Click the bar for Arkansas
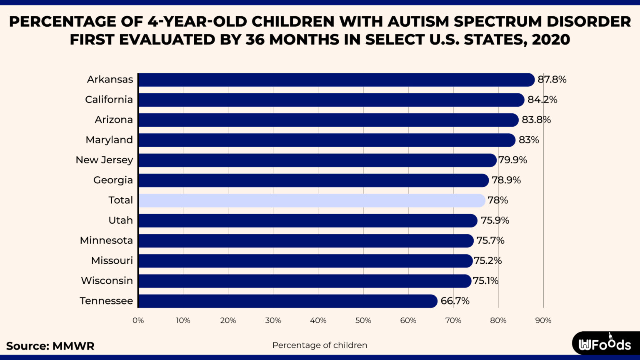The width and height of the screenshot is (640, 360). (336, 80)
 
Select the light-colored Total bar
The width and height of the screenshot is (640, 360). (312, 200)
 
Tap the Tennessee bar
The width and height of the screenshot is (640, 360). (287, 301)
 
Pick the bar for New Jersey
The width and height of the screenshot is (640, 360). (317, 160)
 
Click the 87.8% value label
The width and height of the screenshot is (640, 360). (552, 80)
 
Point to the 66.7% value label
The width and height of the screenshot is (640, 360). (455, 301)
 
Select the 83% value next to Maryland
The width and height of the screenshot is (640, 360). (528, 140)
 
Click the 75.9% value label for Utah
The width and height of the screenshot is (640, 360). (495, 220)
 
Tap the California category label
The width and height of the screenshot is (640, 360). (109, 100)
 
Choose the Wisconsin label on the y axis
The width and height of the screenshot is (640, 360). (107, 281)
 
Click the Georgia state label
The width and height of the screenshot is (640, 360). (113, 180)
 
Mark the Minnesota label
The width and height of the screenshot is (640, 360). (106, 240)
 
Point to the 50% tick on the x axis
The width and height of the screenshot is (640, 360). (363, 320)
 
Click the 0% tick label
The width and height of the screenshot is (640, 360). (138, 320)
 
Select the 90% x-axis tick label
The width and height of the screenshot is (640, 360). (543, 320)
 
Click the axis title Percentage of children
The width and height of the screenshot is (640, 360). (320, 345)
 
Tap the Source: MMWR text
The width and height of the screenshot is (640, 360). (50, 346)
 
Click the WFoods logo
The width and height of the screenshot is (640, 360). (605, 344)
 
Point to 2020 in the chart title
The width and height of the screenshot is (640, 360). (551, 40)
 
